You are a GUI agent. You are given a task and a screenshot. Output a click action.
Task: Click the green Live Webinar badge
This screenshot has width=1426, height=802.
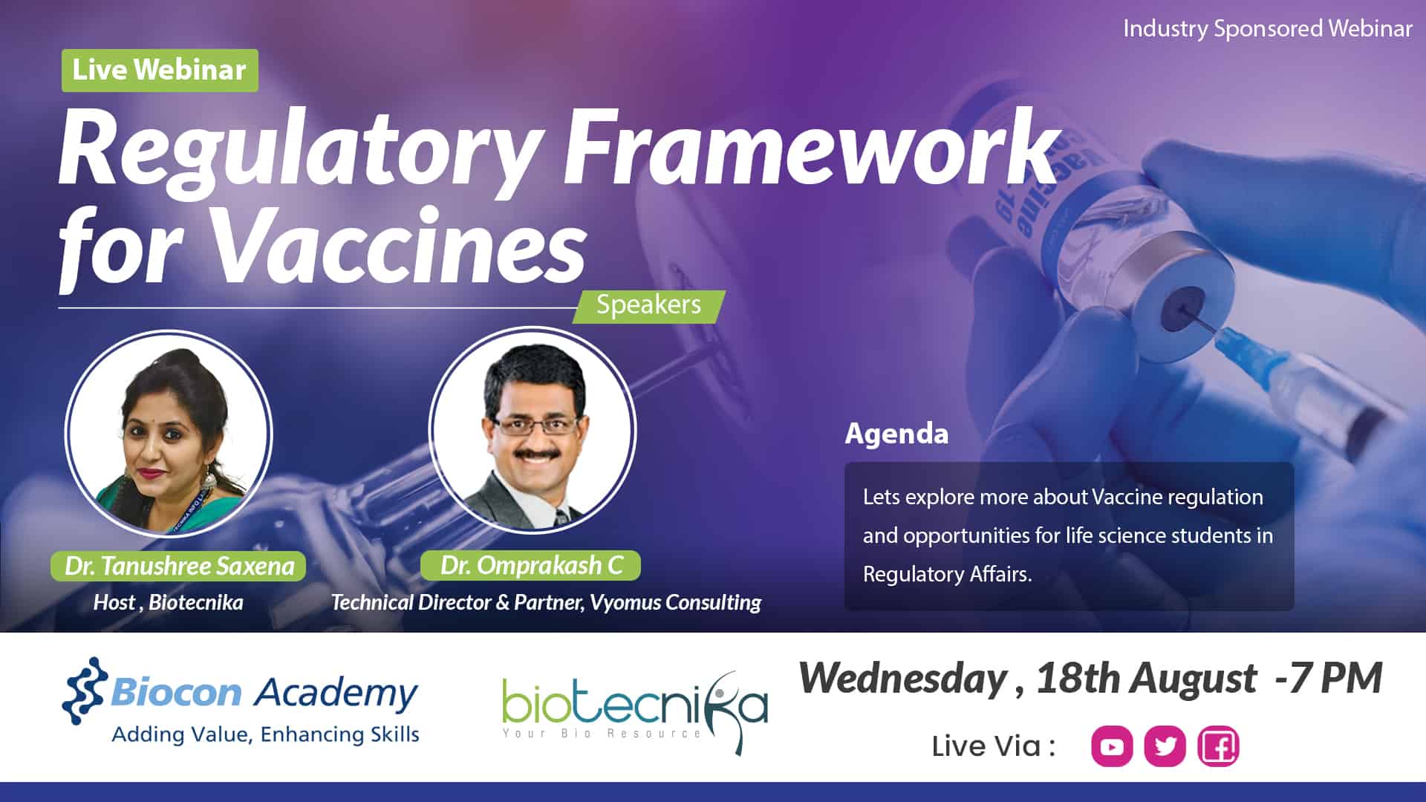(160, 71)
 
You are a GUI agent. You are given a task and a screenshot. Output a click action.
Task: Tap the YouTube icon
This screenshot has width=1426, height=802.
(1112, 746)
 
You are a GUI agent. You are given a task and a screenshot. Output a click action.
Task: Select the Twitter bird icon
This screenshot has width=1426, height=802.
(1165, 746)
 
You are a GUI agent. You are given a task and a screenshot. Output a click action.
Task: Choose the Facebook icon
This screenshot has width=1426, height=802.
(1218, 746)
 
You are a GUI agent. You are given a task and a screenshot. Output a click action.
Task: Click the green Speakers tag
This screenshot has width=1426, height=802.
(648, 306)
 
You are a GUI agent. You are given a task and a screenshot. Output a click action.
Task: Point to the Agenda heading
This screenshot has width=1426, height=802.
(896, 434)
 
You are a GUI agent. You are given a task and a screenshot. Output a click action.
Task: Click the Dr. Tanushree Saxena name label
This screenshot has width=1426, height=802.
(179, 566)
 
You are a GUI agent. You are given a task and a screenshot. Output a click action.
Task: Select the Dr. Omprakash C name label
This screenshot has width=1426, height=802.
(530, 565)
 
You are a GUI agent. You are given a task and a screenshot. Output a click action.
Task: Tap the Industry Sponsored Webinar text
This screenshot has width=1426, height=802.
(1267, 28)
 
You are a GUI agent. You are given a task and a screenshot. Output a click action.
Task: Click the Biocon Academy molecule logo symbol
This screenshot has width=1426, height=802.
(85, 691)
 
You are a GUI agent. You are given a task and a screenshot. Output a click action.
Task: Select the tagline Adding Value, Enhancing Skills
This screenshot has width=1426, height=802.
(265, 734)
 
